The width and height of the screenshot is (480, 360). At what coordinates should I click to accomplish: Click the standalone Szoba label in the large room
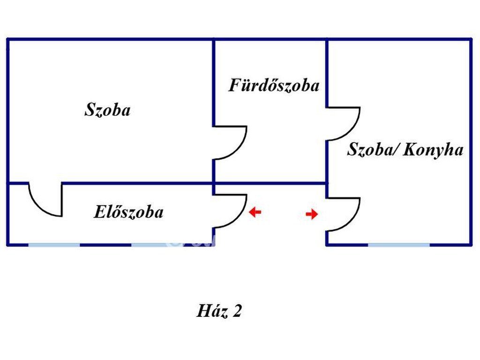pos(107,111)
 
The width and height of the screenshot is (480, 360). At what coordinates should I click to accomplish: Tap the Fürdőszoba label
pos(274,85)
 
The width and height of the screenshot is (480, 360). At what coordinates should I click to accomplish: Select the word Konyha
pos(433,150)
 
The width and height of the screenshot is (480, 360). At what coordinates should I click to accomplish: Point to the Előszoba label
pos(128,212)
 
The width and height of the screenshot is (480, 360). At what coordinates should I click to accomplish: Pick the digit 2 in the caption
pos(236,311)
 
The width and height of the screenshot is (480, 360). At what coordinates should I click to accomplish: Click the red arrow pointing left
pos(255,213)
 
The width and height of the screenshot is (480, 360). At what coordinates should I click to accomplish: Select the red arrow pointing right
pos(312,215)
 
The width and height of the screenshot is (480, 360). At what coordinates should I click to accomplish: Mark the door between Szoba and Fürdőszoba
pos(230,143)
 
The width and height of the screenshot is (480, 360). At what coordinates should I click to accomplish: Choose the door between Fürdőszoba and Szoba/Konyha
pos(343,124)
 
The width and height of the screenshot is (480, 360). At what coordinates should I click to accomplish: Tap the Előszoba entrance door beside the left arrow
pos(230,211)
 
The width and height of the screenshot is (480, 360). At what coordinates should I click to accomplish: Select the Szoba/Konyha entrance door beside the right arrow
pos(343,214)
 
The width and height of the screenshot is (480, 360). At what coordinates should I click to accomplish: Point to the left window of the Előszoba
pos(53,244)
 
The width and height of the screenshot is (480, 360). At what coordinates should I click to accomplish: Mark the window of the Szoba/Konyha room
pos(398,244)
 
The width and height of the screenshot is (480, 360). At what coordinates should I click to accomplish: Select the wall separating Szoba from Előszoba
pos(136,183)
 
